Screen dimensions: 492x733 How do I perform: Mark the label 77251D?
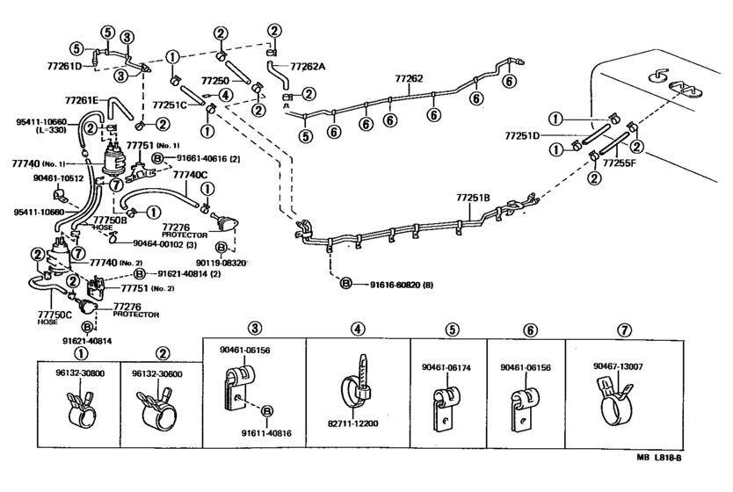(x=522, y=136)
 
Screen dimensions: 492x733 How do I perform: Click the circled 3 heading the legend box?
(x=254, y=328)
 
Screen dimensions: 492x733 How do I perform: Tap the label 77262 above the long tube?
(x=409, y=79)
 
